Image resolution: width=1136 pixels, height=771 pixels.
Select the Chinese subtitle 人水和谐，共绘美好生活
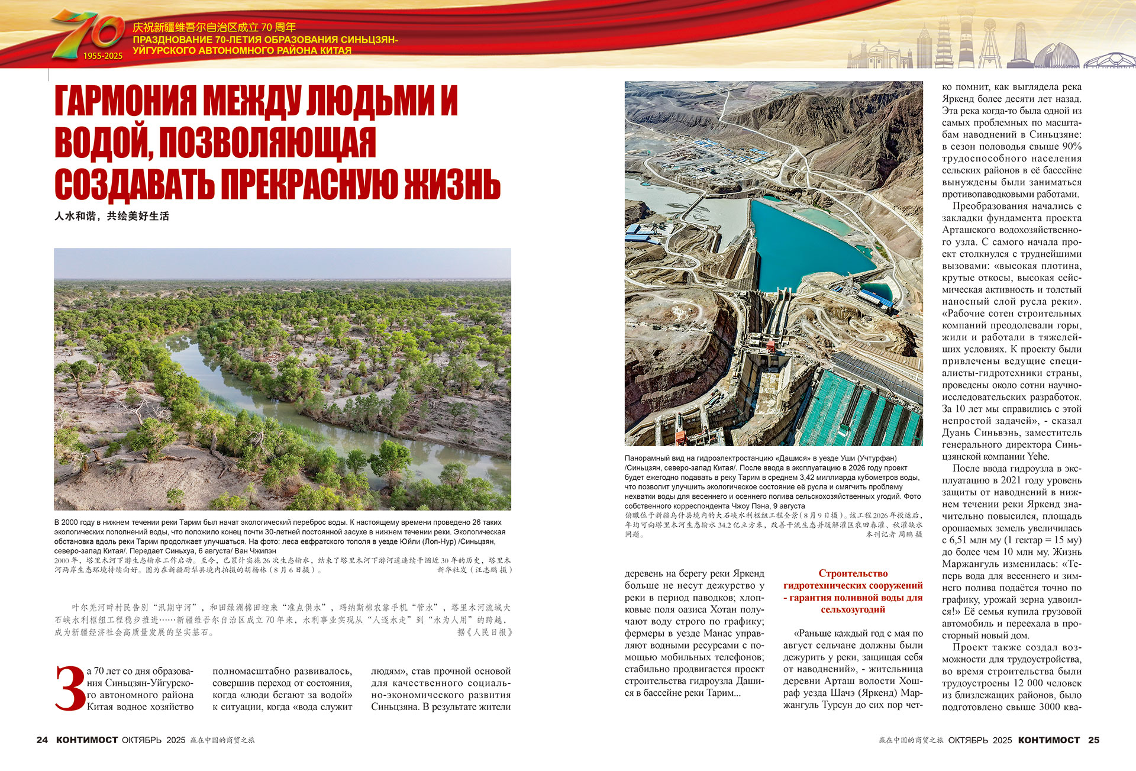[x=112, y=217]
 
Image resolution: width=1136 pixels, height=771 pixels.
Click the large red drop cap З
[x=70, y=688]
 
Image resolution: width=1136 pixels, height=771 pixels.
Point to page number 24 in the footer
[x=42, y=740]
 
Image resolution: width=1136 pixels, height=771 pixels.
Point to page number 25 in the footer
[x=1093, y=740]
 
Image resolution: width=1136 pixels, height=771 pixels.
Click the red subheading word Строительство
[x=853, y=573]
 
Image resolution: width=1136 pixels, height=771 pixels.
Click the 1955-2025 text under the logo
[x=103, y=56]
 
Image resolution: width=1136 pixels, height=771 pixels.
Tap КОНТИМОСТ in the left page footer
[x=87, y=740]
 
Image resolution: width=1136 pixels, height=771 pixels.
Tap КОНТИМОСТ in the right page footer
[x=1048, y=740]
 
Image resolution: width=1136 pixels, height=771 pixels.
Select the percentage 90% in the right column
[x=1072, y=146]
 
